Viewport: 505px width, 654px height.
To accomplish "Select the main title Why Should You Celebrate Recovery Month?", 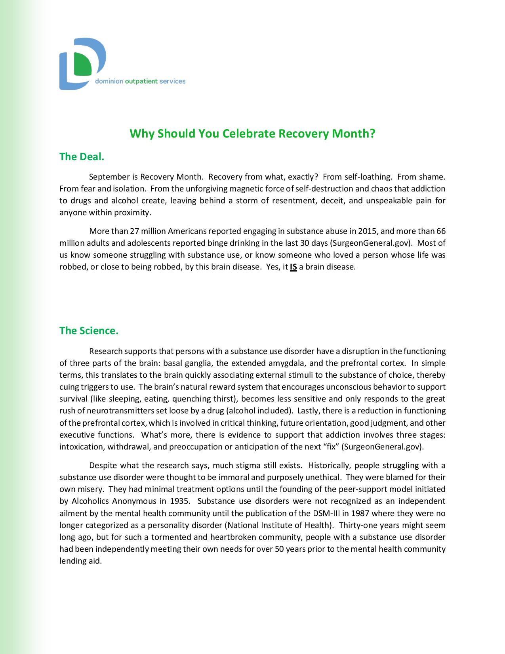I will pyautogui.click(x=252, y=134).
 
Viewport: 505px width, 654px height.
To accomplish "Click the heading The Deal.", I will pyautogui.click(x=82, y=157).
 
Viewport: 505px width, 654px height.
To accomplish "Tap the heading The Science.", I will pyautogui.click(x=89, y=331).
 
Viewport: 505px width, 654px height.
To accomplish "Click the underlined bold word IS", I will pyautogui.click(x=293, y=267).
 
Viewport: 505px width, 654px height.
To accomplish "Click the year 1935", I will pyautogui.click(x=179, y=501).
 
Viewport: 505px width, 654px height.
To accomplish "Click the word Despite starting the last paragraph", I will pyautogui.click(x=103, y=465).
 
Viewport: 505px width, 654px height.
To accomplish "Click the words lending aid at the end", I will pyautogui.click(x=80, y=561).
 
